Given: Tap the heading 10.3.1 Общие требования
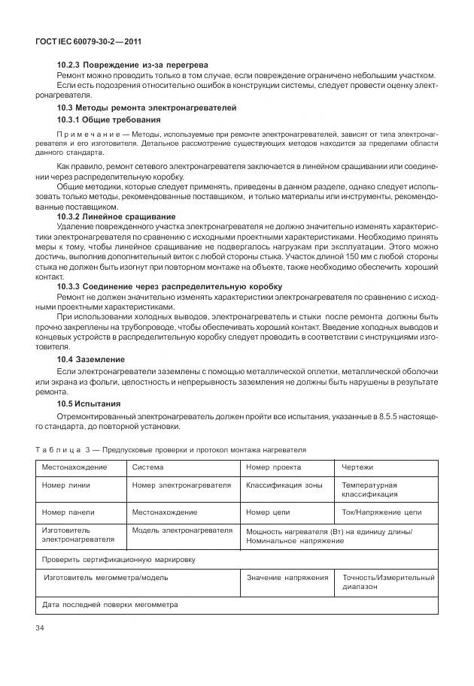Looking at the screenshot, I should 108,119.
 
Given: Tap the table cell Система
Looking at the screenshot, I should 148,467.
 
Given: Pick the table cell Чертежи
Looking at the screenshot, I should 357,467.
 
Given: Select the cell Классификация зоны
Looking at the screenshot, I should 284,485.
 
